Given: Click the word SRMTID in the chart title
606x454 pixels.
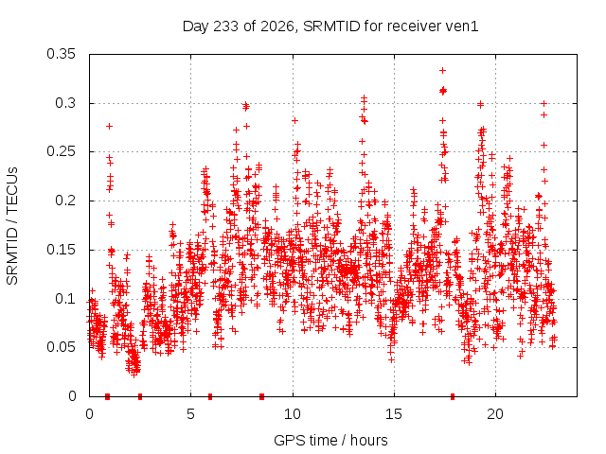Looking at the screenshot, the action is click(331, 26).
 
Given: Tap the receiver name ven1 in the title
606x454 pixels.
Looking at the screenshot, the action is click(462, 26).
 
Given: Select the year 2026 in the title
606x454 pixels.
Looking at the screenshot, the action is click(277, 26).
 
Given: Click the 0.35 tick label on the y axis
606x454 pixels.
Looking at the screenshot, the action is click(61, 54).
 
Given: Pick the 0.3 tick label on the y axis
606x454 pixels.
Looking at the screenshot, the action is click(65, 103).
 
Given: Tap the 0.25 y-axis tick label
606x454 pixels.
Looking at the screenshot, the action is click(61, 151).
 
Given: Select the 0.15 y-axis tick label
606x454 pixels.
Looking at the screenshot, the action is click(61, 250).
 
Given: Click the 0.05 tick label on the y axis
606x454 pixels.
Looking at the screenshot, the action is click(61, 347).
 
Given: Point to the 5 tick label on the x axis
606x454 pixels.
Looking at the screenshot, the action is click(190, 414).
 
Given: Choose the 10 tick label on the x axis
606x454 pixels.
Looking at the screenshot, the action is click(293, 414).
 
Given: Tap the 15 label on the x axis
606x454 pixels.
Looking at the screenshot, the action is click(394, 414).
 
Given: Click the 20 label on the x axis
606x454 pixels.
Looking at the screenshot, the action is click(495, 414).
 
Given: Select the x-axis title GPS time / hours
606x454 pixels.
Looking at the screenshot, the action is click(330, 441).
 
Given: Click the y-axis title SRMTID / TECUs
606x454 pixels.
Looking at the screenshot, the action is click(12, 226).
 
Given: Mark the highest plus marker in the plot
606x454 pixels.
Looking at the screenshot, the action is click(442, 70).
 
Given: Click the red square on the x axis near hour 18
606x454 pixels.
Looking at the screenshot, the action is click(453, 396).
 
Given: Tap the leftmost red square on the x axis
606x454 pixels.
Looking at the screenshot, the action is click(107, 396).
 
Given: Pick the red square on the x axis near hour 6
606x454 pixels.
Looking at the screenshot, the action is click(210, 396).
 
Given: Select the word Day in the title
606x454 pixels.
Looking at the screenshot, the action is click(196, 26).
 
